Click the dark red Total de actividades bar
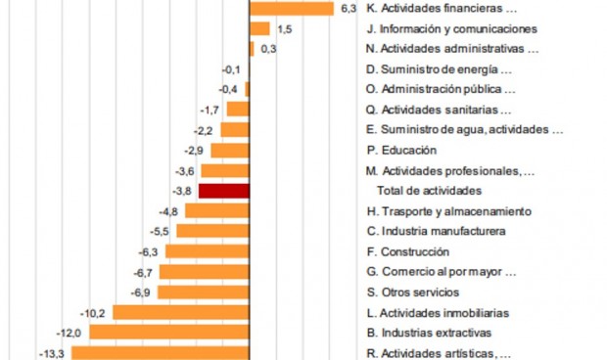pos(224,191)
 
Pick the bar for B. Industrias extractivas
pos(170,333)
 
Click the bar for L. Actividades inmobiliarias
pos(182,313)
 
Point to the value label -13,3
pos(50,353)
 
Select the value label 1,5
pos(285,29)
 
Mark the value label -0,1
pos(231,69)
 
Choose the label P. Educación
pos(401,150)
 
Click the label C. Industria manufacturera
pos(436,231)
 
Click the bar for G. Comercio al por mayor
pos(203,272)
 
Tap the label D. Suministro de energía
pos(439,69)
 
